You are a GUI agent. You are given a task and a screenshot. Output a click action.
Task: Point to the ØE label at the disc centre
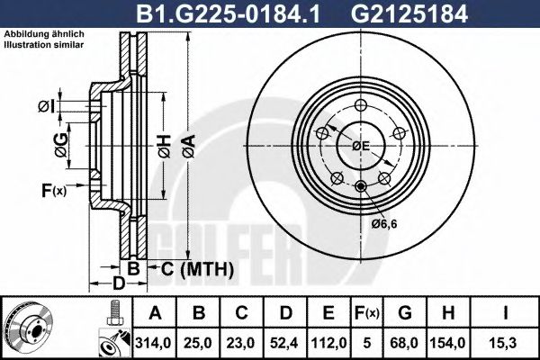tap(361, 145)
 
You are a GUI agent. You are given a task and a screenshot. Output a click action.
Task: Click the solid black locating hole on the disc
tap(361, 186)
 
